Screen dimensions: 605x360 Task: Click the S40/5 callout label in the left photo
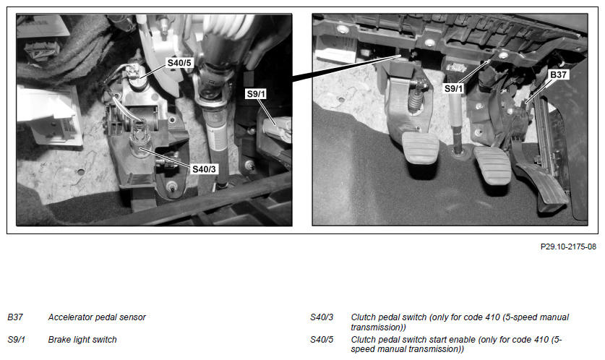(x=179, y=62)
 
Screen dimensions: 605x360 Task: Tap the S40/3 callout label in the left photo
(x=204, y=169)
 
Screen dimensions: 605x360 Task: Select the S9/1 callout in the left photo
(x=256, y=94)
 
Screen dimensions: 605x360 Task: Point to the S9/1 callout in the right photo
(x=453, y=88)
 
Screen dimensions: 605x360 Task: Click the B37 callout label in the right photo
(x=558, y=74)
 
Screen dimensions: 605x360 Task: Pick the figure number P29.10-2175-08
(x=568, y=247)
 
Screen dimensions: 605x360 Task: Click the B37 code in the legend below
(x=15, y=317)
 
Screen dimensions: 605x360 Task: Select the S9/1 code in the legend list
(x=16, y=340)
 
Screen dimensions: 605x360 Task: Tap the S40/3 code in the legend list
(x=322, y=317)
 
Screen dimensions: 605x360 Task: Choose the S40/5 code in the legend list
(x=322, y=340)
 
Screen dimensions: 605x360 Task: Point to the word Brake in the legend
(x=59, y=340)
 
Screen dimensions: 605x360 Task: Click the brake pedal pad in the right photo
(x=493, y=166)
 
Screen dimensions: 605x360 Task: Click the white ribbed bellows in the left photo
(x=228, y=26)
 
